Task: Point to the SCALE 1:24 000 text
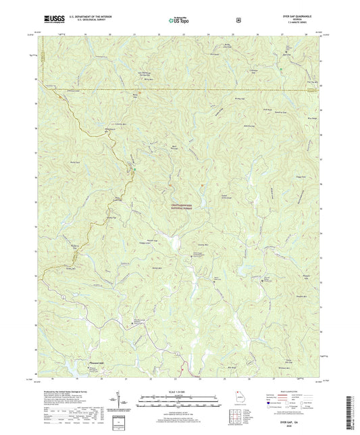pos(180,382)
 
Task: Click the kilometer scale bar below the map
pos(179,390)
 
